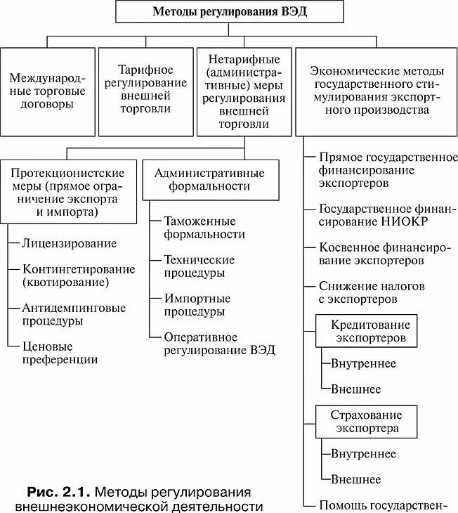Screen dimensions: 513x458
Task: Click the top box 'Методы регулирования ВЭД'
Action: (x=228, y=13)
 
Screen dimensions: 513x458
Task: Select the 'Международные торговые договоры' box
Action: (x=48, y=91)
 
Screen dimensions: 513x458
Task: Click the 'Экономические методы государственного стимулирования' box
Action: (x=377, y=91)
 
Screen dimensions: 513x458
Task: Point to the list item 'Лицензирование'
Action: (x=69, y=243)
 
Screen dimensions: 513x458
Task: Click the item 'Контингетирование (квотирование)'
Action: (x=77, y=275)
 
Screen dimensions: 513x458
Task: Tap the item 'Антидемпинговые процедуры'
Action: (x=74, y=314)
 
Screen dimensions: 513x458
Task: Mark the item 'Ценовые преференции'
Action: (x=60, y=352)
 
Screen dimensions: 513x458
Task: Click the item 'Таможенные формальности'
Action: (x=204, y=227)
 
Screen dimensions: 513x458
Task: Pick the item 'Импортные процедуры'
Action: (x=195, y=304)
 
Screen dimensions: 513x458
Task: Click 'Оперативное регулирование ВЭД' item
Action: (x=219, y=344)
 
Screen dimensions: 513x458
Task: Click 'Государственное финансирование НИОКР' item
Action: (x=384, y=215)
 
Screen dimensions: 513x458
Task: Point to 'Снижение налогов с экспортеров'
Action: (x=367, y=292)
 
